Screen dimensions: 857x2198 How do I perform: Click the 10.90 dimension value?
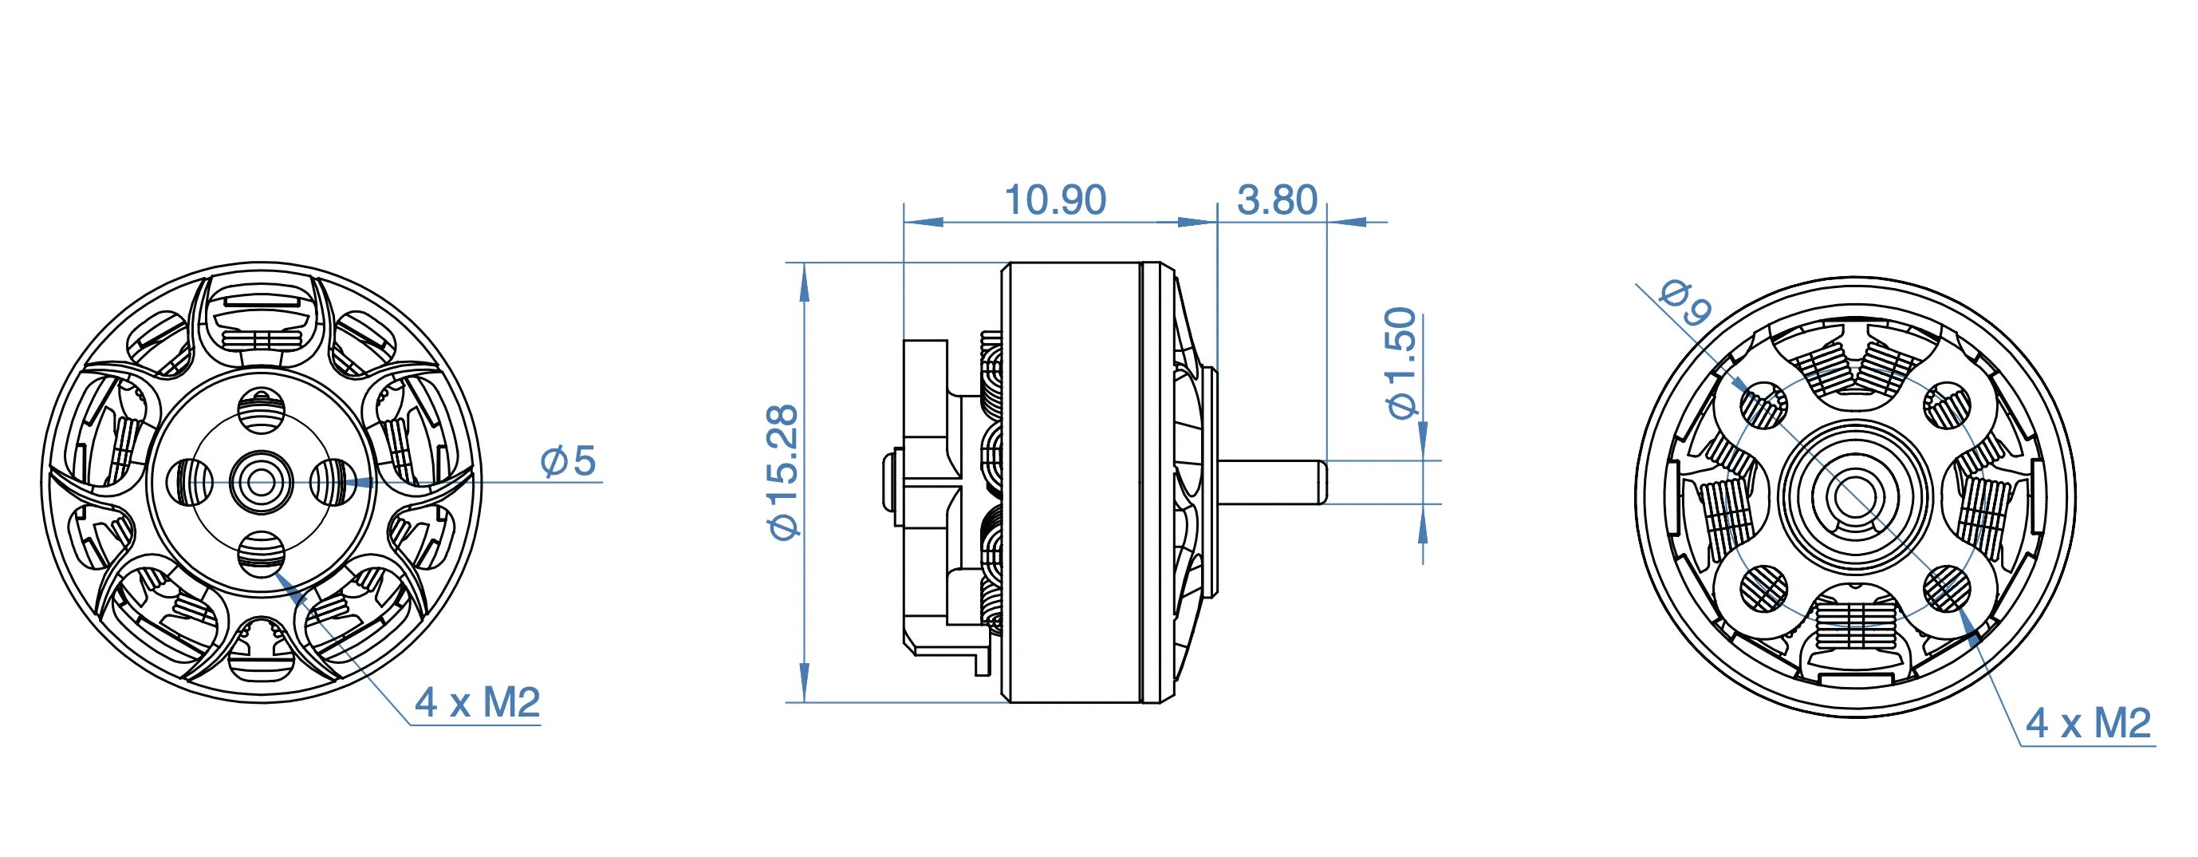coord(1055,200)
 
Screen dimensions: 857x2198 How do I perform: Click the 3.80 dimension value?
coord(1277,200)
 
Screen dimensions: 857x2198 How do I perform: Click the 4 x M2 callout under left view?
coord(478,703)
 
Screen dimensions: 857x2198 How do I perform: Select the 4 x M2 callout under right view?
coord(2088,724)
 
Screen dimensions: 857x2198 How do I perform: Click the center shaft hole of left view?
coord(261,483)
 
